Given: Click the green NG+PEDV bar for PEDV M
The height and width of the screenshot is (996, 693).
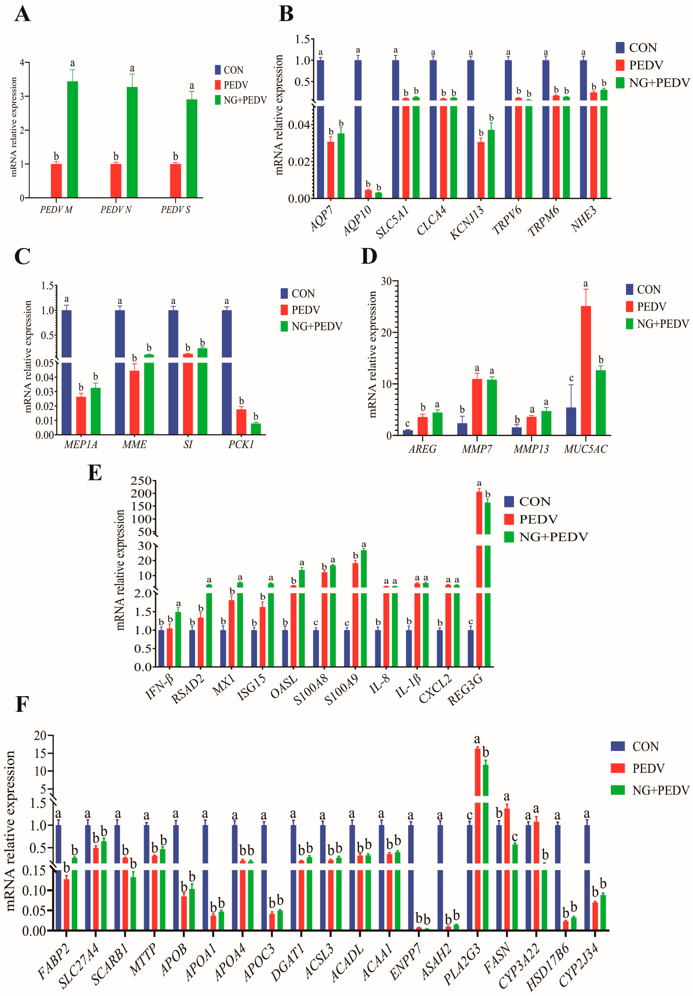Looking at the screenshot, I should pos(72,139).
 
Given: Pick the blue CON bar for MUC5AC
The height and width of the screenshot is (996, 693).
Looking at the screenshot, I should pos(571,421).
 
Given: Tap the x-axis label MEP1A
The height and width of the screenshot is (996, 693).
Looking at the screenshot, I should pos(81,445).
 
